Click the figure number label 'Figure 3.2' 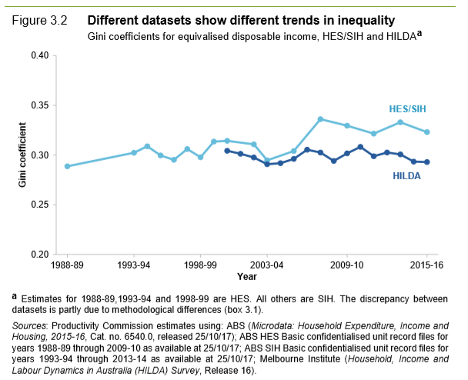coord(40,18)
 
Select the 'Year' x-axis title coord(246,276)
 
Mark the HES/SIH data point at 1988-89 coord(67,166)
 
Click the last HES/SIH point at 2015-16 coord(427,132)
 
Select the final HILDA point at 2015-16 coord(427,162)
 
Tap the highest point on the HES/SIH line coord(320,119)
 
